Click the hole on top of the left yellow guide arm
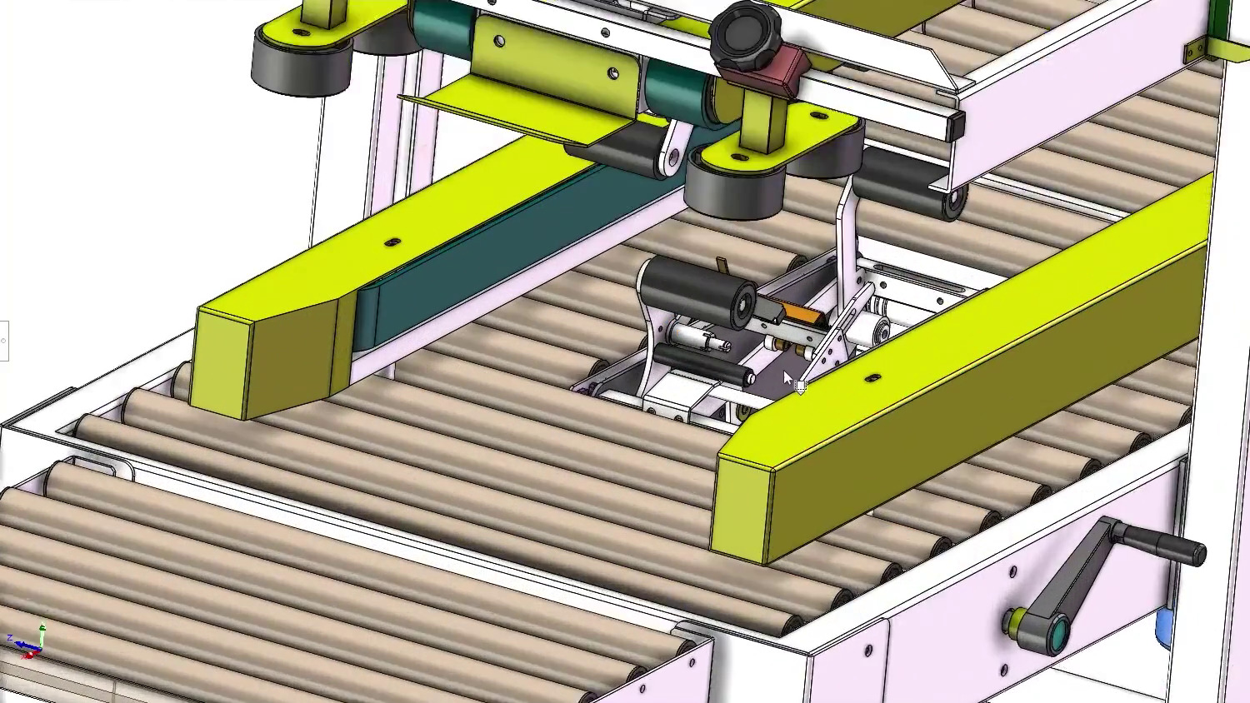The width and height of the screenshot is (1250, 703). click(x=392, y=242)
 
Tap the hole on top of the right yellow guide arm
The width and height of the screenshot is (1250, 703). click(x=872, y=378)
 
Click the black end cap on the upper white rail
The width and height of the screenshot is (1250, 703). click(x=956, y=126)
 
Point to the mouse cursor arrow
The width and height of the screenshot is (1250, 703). click(x=787, y=379)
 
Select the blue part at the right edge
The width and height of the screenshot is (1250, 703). click(x=1164, y=629)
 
